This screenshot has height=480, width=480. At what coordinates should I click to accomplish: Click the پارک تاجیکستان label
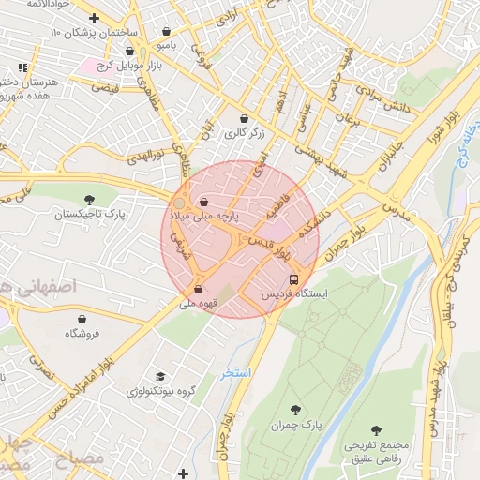tap(90, 215)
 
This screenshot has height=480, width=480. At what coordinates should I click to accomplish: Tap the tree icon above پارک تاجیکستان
tap(90, 200)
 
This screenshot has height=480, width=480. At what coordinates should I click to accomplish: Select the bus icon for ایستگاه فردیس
tap(294, 279)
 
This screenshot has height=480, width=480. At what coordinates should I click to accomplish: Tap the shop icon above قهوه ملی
tap(198, 289)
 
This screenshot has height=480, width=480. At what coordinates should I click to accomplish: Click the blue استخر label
tap(236, 373)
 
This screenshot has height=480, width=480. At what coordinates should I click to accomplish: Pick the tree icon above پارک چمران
tap(296, 410)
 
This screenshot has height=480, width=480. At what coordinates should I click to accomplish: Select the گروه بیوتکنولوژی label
tap(160, 390)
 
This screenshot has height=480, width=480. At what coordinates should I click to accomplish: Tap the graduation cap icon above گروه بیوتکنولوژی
tap(160, 375)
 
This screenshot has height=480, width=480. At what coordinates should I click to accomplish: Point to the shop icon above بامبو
tap(167, 30)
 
